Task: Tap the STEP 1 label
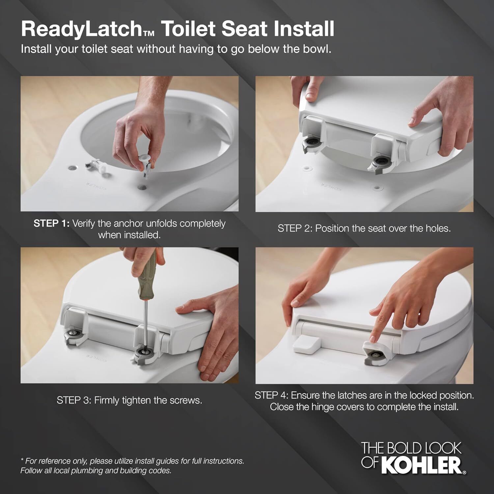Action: click(x=51, y=224)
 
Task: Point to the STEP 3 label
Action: click(x=74, y=400)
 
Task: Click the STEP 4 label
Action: click(x=272, y=395)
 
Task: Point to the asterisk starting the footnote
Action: click(x=22, y=460)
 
